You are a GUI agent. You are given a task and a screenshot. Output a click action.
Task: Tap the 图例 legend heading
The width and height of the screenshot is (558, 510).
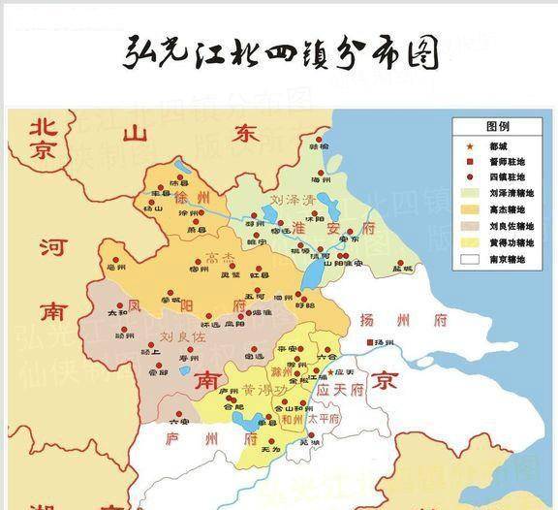pyautogui.click(x=497, y=127)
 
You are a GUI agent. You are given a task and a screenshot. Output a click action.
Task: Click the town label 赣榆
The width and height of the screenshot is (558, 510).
pyautogui.click(x=319, y=146)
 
